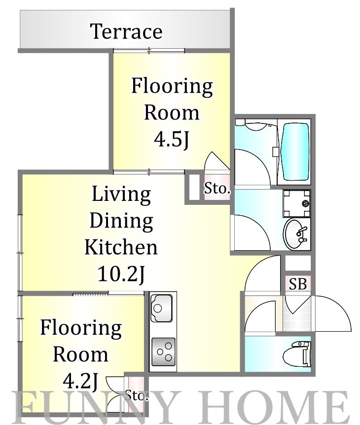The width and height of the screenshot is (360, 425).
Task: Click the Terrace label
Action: coord(126,32)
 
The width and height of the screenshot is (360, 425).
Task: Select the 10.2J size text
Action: coord(121,274)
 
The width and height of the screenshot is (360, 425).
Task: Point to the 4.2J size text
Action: coord(80,381)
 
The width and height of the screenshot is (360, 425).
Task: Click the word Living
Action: coord(121,195)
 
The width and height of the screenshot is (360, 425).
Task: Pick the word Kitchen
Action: coord(121,247)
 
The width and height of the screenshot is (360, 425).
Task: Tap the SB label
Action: coord(298,284)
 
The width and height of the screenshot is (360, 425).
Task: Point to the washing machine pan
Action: coord(296,203)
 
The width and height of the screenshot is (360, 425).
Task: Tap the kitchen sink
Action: coord(161,308)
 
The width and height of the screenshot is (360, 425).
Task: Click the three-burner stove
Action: coord(163,351)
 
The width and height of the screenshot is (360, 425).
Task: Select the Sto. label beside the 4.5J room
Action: coord(216,188)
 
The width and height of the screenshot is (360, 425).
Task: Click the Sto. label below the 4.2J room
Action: coord(137,396)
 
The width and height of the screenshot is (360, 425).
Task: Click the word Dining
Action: coord(121,221)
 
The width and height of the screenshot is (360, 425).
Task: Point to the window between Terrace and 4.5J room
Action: coord(149,50)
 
